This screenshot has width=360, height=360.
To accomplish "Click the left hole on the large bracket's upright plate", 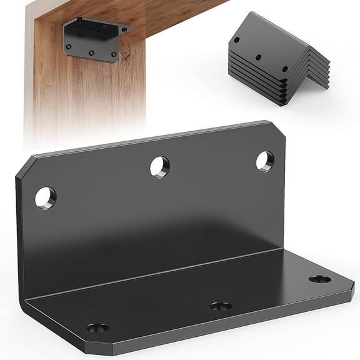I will point(45,198).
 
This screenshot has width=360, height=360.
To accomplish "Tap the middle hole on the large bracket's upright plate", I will point(159,167).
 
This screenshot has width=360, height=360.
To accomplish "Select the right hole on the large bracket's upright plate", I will point(264,161).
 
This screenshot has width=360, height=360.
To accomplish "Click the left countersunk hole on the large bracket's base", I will point(97,327).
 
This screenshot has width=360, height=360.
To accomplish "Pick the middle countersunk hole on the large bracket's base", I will point(221,306).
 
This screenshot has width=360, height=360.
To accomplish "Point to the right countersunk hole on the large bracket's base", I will point(319,279).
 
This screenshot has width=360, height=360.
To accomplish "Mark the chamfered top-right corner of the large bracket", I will point(277,129).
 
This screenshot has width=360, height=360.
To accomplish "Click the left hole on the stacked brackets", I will point(237,40).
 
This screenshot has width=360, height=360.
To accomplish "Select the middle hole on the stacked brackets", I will point(257,57).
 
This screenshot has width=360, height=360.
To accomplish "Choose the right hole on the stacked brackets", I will point(284,69).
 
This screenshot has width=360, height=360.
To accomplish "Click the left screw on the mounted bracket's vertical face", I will point(69,46).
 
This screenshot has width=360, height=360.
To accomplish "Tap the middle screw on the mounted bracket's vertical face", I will point(91,52).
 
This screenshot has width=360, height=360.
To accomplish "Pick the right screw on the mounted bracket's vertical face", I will point(113,54).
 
